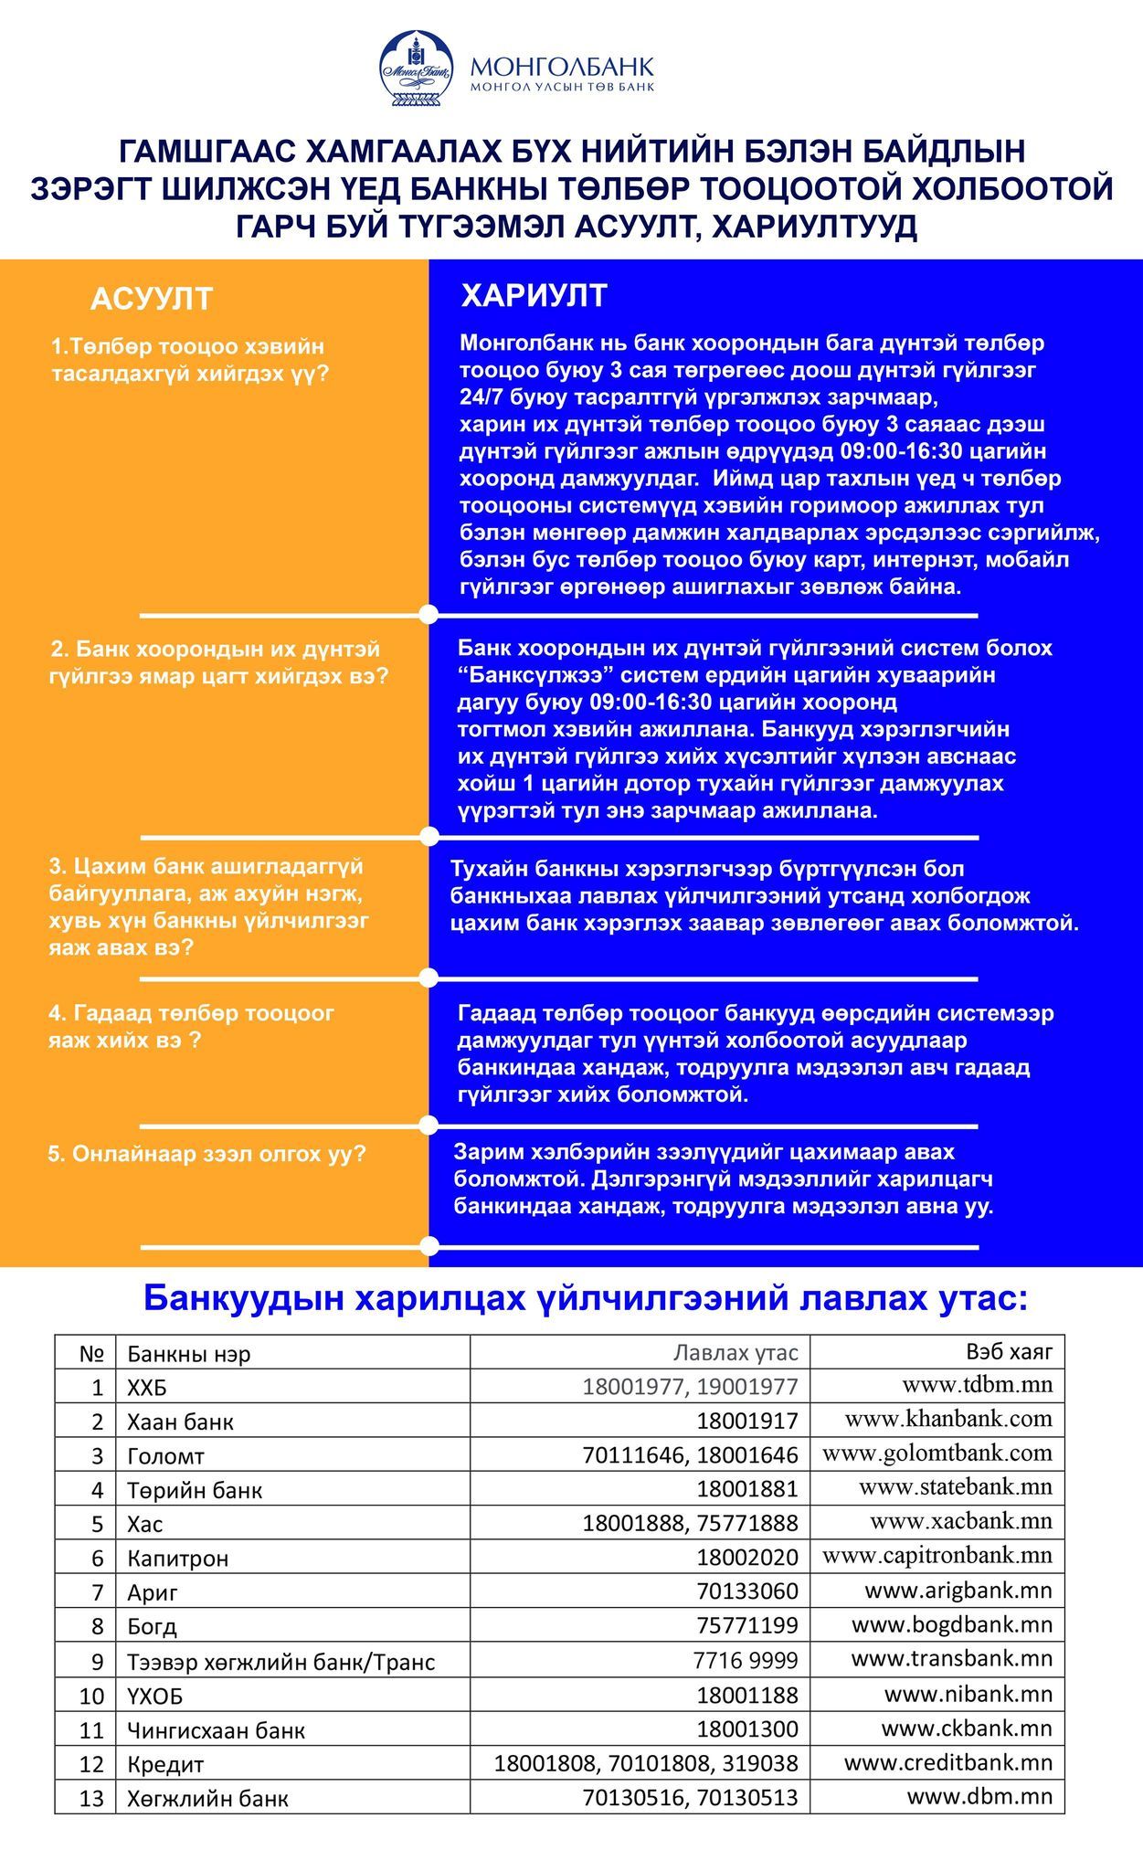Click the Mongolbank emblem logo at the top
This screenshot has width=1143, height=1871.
point(417,68)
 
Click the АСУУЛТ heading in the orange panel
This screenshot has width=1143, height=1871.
point(152,299)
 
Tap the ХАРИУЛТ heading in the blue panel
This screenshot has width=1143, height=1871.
point(534,295)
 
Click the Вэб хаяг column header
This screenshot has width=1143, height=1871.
point(1009,1350)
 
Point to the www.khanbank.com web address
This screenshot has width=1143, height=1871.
point(947,1419)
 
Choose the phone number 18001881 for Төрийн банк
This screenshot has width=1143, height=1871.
point(746,1489)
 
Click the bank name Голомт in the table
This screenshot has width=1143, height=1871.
point(165,1456)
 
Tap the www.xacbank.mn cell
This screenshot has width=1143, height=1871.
point(960,1521)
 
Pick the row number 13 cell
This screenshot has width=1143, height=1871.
point(92,1799)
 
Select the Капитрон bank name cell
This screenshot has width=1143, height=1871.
point(177,1559)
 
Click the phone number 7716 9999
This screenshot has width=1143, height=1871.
point(745,1660)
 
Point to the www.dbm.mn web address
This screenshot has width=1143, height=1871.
point(979,1796)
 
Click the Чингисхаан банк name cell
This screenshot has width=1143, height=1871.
point(216,1730)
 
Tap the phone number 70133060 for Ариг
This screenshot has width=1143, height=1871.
point(746,1591)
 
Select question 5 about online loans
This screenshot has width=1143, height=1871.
point(206,1154)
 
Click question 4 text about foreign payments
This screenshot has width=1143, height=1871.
point(191,1027)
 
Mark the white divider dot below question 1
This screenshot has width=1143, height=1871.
point(429,614)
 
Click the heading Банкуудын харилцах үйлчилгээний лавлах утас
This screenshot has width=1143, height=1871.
point(585,1298)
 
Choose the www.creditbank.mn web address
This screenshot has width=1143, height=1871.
point(947,1762)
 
